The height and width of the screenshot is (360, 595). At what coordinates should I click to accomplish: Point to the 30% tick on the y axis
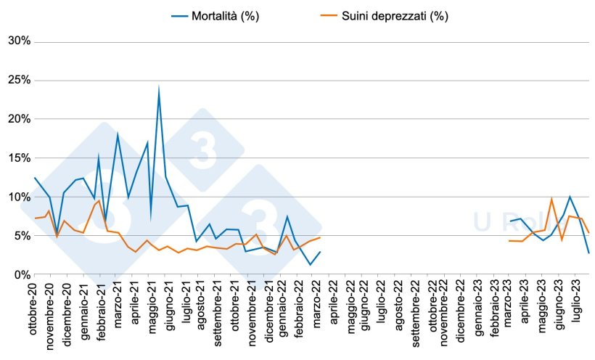coord(18,41)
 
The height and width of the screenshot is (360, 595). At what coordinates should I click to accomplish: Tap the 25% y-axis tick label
coord(18,80)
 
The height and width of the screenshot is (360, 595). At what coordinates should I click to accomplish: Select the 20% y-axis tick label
coord(18,119)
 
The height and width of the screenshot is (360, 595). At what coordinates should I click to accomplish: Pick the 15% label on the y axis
coord(18,158)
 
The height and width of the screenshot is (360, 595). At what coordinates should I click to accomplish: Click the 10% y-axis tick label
coord(18,197)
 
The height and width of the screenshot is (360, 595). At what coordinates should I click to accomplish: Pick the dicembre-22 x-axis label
coord(460,311)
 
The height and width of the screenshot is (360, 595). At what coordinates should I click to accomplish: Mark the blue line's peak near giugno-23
coord(570,197)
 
